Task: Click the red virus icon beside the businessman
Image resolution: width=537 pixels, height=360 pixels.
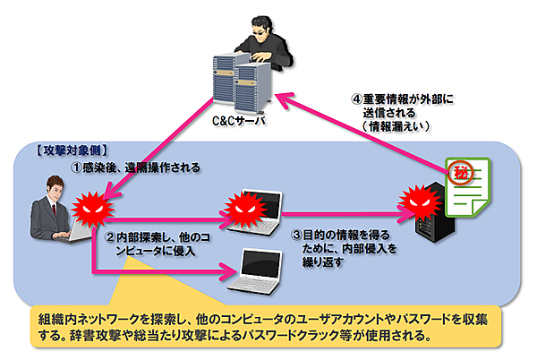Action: click(90, 214)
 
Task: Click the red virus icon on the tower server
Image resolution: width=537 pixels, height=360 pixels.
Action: click(418, 199)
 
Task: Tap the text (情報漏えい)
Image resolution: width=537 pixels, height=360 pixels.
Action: click(394, 127)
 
